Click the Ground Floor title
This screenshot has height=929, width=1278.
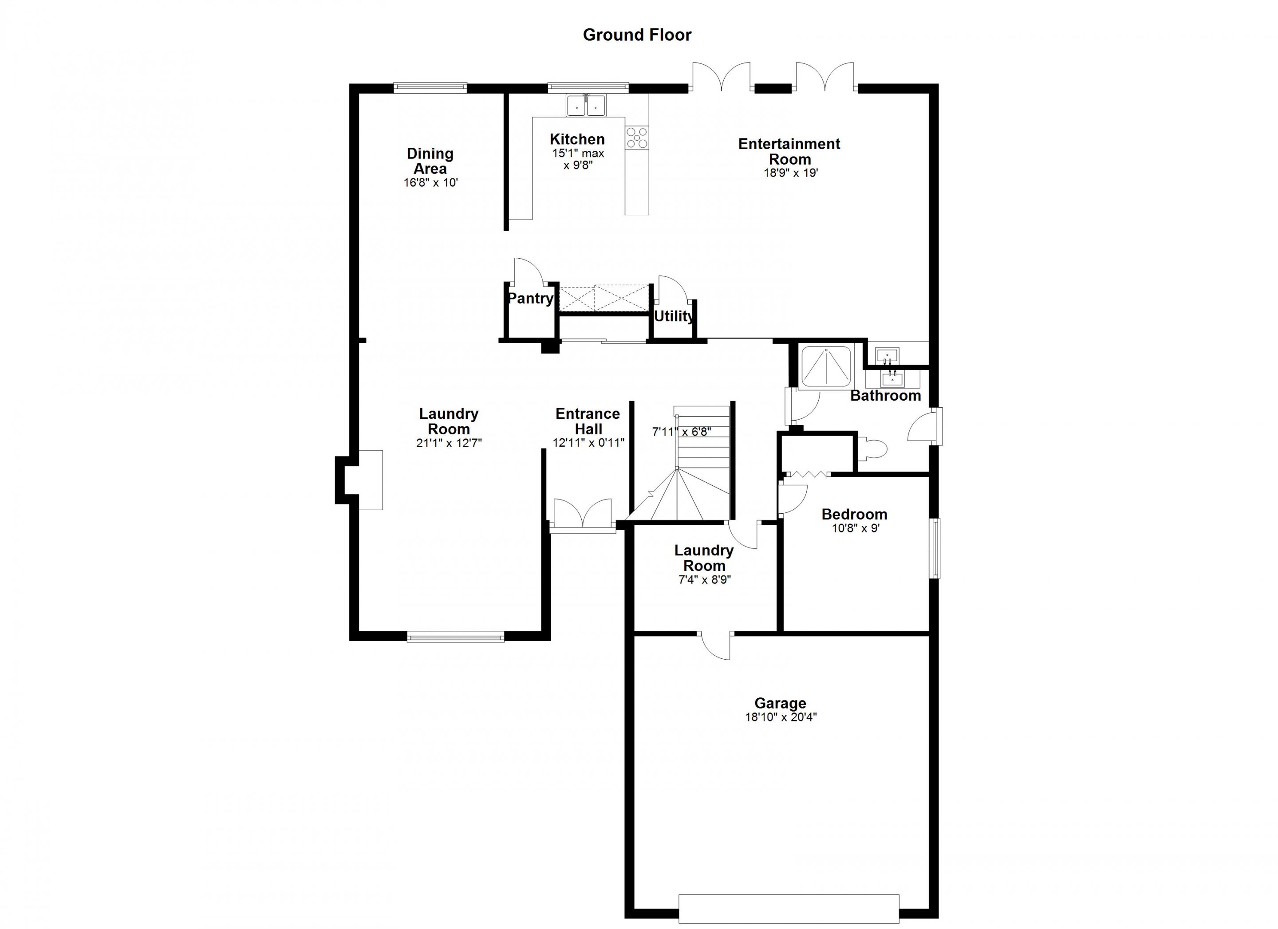(637, 35)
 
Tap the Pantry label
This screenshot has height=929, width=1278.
(530, 298)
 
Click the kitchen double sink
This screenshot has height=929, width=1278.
(586, 105)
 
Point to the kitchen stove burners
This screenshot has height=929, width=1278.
(637, 138)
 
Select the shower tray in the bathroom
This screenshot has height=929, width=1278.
(826, 367)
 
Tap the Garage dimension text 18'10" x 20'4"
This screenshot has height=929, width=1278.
(781, 717)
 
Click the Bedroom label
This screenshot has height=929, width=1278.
(854, 514)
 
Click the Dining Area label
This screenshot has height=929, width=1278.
(430, 161)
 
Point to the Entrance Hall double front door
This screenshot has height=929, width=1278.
(583, 514)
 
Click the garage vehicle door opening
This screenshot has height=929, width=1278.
(789, 910)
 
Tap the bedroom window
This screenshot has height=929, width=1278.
(935, 548)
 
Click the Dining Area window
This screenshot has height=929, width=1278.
(430, 87)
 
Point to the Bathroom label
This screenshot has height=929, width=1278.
(885, 395)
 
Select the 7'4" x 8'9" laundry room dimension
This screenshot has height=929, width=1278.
(704, 580)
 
